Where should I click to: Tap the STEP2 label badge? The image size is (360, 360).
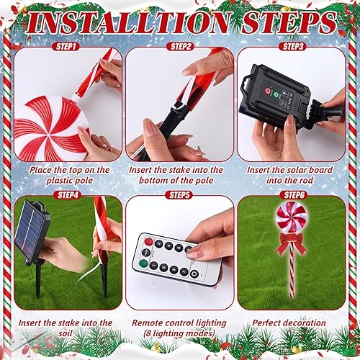[179, 45]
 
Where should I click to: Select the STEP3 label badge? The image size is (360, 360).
[292, 45]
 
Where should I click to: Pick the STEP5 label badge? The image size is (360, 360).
[179, 194]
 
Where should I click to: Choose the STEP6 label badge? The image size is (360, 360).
[292, 194]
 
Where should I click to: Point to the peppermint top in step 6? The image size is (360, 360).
[292, 215]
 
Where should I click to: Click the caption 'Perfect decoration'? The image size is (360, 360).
[292, 323]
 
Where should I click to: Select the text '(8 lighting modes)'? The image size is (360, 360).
[179, 333]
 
